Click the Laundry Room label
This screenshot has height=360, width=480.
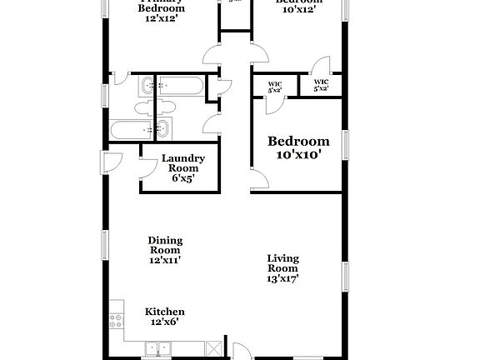point(177,162)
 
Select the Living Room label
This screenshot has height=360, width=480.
point(282,263)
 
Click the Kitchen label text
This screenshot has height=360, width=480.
point(165,311)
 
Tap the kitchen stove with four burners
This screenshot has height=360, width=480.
point(116,321)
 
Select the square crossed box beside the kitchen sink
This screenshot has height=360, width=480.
point(213,348)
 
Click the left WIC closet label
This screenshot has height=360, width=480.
point(275,86)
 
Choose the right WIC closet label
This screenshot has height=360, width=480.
point(321,86)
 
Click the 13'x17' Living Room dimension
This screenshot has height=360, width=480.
point(282,278)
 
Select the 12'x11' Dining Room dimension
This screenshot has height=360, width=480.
point(166,260)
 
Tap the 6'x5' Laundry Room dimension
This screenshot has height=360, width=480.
point(177,177)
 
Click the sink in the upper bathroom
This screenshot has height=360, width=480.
point(147,85)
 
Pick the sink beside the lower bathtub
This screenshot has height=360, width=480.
point(162,129)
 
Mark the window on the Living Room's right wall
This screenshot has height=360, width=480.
point(343,275)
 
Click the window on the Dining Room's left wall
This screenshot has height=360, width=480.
point(104,243)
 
